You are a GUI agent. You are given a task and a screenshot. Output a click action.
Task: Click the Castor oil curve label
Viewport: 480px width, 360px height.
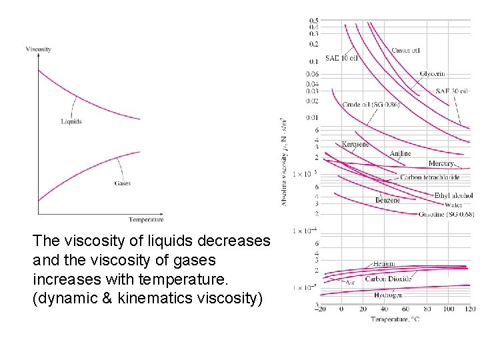[x=405, y=50]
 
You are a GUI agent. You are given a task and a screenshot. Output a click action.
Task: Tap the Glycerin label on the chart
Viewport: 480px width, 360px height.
[x=433, y=74]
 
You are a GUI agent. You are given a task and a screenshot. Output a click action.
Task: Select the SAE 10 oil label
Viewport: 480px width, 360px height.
[x=341, y=58]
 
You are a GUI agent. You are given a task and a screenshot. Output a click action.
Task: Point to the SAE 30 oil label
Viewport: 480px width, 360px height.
[x=451, y=91]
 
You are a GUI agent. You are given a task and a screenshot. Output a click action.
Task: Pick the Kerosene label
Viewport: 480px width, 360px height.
[x=355, y=144]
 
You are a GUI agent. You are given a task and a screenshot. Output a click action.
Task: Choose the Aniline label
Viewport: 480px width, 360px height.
[x=400, y=154]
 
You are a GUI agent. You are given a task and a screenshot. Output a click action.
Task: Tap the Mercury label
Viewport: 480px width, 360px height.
[x=441, y=163]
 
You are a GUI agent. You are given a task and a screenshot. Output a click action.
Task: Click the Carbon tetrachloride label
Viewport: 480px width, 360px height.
[x=429, y=178]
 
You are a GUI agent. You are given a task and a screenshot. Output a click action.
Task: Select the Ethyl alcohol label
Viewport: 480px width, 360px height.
[x=452, y=195]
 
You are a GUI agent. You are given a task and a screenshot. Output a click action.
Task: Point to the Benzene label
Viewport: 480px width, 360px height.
[x=387, y=200]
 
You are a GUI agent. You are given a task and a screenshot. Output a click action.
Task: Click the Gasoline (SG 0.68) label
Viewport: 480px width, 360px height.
[x=446, y=214]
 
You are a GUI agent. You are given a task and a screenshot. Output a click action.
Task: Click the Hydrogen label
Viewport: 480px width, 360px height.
[x=388, y=295]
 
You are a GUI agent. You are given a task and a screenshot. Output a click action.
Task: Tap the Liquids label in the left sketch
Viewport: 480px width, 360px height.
[x=71, y=121]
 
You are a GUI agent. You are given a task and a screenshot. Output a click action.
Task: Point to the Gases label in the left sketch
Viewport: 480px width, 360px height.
[x=122, y=183]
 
